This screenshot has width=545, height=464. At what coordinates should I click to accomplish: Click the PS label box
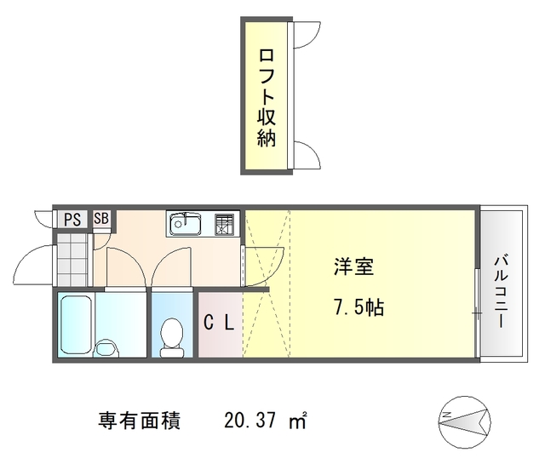pyautogui.click(x=72, y=219)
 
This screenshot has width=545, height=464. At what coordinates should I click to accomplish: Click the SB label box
pyautogui.click(x=101, y=219)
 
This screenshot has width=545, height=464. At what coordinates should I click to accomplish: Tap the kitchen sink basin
pyautogui.click(x=185, y=225)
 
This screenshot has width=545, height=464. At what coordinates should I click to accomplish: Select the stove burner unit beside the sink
pyautogui.click(x=224, y=225)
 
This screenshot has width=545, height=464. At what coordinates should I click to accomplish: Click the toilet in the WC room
pyautogui.click(x=171, y=335)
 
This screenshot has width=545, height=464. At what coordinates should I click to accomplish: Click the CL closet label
pyautogui.click(x=221, y=323)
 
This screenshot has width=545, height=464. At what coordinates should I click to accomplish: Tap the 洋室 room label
pyautogui.click(x=352, y=266)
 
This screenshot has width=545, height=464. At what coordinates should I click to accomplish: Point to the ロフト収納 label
pyautogui.click(x=267, y=97)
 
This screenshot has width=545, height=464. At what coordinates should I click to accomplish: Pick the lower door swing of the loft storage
pyautogui.click(x=305, y=156)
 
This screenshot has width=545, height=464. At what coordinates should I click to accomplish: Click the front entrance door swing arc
pyautogui.click(x=34, y=263)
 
